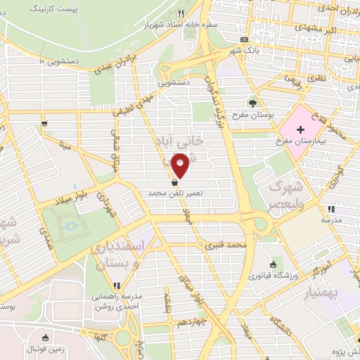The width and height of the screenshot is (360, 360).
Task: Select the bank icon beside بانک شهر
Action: (244, 39)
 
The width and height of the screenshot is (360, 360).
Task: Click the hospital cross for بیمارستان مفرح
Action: (300, 129)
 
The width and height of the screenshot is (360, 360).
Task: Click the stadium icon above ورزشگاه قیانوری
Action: (273, 264)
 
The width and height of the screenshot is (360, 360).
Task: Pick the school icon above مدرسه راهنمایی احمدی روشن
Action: (117, 285)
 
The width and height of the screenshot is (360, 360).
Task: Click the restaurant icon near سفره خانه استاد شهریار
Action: (181, 13)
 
